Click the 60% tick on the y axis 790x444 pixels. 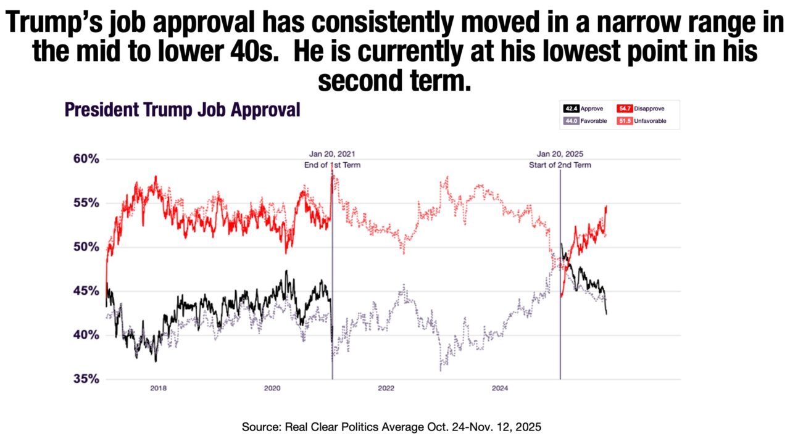click(86, 159)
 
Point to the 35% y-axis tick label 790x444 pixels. click(86, 379)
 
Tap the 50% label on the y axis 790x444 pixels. click(86, 247)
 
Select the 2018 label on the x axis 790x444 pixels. click(159, 388)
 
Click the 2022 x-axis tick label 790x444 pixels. click(386, 388)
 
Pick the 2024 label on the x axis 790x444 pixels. click(500, 388)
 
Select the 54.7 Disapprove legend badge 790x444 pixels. click(624, 109)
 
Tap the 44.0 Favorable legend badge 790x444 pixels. click(572, 121)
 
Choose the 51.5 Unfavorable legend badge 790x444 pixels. click(624, 121)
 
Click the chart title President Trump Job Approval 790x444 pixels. click(182, 110)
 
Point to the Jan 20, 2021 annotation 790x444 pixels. click(332, 154)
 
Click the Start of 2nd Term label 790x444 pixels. click(560, 165)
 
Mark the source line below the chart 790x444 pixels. click(391, 427)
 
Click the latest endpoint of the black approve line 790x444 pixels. click(606, 314)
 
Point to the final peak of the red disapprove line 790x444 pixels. click(606, 207)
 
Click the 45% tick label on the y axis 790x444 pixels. click(86, 291)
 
